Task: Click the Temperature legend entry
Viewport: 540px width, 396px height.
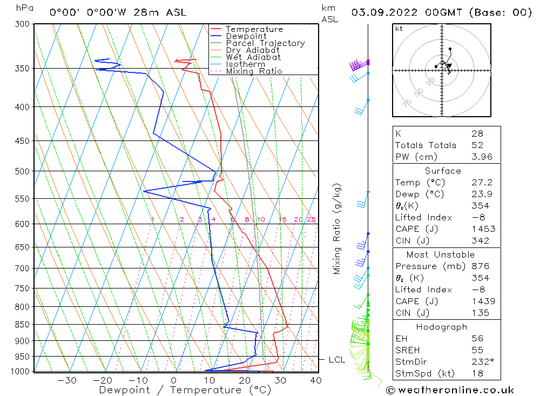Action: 254,29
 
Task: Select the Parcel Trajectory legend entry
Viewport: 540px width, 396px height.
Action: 265,43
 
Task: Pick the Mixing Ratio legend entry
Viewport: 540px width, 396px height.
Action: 254,71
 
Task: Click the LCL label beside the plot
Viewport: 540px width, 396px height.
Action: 336,360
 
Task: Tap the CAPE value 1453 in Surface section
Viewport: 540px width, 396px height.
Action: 483,229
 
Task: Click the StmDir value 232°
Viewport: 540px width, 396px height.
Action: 482,361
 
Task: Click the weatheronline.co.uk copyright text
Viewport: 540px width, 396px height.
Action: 449,390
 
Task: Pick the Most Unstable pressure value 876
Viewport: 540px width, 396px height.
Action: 480,266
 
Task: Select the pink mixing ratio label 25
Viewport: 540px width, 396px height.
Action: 311,219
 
